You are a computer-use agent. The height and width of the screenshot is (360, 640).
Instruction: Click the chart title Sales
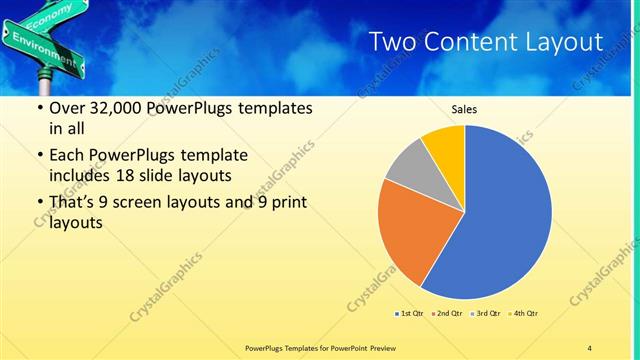[464, 111]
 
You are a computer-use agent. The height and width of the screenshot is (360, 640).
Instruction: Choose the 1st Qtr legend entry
[410, 314]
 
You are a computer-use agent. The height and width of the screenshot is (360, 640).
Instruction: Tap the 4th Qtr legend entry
[526, 314]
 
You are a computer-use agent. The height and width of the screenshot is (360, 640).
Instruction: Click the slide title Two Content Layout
[485, 42]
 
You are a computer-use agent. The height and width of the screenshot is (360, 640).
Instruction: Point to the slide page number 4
[590, 347]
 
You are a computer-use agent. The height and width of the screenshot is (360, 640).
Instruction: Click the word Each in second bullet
[67, 156]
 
